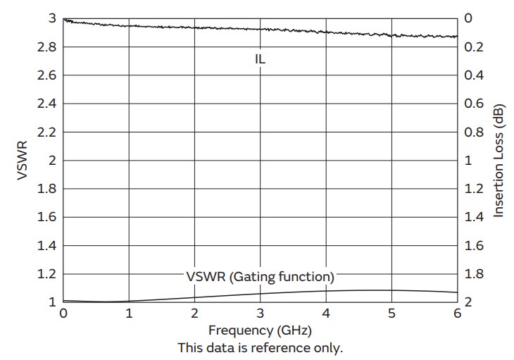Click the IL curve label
coord(261,60)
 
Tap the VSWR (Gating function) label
coord(260,275)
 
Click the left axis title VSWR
coord(23,161)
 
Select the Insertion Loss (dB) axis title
coord(499,161)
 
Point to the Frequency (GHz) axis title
coord(260,330)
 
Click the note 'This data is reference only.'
coord(260,347)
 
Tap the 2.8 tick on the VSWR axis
coord(46,47)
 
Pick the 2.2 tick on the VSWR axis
coord(46,132)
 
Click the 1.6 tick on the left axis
coord(46,218)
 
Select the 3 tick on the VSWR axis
coord(51,18)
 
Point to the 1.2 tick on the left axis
coord(46,274)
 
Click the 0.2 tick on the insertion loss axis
coord(474,47)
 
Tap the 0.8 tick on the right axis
coord(474,132)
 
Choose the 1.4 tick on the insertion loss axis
coord(474,218)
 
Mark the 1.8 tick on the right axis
coord(474,274)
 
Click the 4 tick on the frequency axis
coord(326,313)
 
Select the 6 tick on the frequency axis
coord(457,313)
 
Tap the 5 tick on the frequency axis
coord(391,313)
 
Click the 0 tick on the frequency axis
coord(63,313)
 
